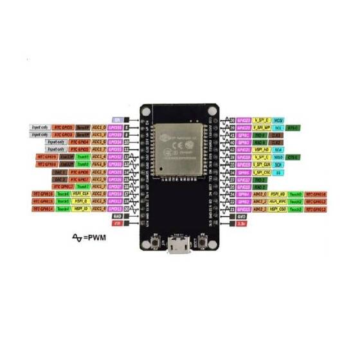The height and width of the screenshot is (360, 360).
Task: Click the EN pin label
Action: point(117,120)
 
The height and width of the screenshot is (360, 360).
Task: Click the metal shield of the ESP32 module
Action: point(179,144)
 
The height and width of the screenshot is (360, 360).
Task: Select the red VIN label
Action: point(117,224)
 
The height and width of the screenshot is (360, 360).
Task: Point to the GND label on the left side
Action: point(117,216)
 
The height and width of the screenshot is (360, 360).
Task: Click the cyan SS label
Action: point(278,172)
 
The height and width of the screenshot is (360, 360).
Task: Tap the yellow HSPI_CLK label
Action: point(81,194)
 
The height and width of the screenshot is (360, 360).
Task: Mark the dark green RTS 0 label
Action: point(293,128)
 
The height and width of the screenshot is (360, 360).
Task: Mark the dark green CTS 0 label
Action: point(293,156)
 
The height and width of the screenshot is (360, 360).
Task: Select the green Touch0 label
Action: point(296,194)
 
